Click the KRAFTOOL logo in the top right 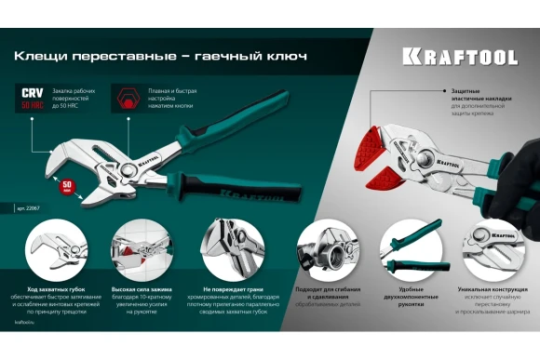click(x=459, y=57)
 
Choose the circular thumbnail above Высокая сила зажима click(x=139, y=246)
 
